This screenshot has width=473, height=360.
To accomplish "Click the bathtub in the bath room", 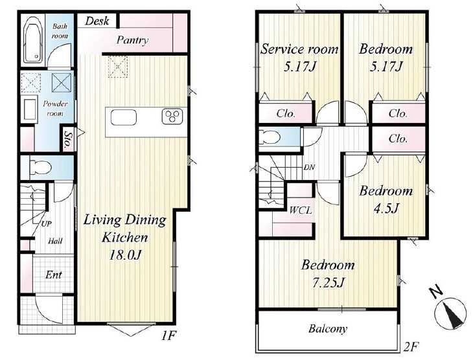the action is pyautogui.click(x=33, y=39).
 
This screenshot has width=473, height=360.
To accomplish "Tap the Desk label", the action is pyautogui.click(x=97, y=21).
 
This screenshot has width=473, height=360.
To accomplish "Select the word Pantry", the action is pyautogui.click(x=132, y=40).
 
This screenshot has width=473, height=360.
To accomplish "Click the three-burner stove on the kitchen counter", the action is pyautogui.click(x=172, y=117).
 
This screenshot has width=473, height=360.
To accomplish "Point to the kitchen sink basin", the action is pyautogui.click(x=124, y=117).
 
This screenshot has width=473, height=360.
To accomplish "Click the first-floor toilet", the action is pyautogui.click(x=40, y=167).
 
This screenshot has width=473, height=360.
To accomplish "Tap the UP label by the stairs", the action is pyautogui.click(x=46, y=224).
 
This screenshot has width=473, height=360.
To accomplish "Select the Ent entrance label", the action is pyautogui.click(x=53, y=275).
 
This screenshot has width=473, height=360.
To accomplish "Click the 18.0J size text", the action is pyautogui.click(x=125, y=255).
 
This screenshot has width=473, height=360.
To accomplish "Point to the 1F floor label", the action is pyautogui.click(x=168, y=335).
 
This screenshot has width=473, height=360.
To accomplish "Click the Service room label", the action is pyautogui.click(x=299, y=49).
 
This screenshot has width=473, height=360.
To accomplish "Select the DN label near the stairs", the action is pyautogui.click(x=309, y=167).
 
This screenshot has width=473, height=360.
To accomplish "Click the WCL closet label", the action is pyautogui.click(x=301, y=210).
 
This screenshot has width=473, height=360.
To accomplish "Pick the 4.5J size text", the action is pyautogui.click(x=386, y=208).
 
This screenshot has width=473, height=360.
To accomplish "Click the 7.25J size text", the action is pyautogui.click(x=328, y=282).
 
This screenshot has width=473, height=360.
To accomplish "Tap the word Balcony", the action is pyautogui.click(x=328, y=328).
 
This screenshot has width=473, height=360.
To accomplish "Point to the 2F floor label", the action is pyautogui.click(x=411, y=346).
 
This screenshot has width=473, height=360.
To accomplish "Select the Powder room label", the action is pyautogui.click(x=55, y=108).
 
